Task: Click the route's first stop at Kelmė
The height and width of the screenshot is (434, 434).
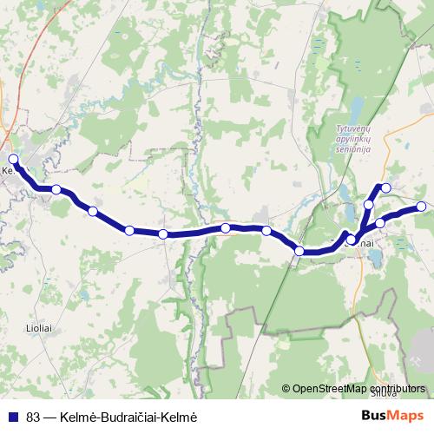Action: click(x=13, y=159)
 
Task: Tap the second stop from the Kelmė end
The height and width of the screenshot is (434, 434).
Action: click(x=56, y=189)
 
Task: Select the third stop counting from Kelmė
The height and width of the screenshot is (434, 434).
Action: click(x=92, y=211)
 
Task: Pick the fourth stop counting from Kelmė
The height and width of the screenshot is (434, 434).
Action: click(x=128, y=230)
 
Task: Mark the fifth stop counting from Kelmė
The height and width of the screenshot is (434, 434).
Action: click(x=162, y=233)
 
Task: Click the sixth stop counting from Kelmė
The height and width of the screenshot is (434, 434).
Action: click(x=225, y=228)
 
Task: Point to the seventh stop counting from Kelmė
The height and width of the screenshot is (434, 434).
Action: click(x=266, y=231)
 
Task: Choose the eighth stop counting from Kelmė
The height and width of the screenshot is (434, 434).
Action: click(x=299, y=251)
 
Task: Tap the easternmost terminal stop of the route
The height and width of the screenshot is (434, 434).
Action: click(x=421, y=207)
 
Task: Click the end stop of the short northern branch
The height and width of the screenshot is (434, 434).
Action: click(x=386, y=187)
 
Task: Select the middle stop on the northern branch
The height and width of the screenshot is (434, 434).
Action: click(x=369, y=205)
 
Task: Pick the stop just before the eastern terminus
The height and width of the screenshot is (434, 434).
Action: click(x=380, y=223)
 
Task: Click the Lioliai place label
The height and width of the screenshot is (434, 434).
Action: click(x=40, y=328)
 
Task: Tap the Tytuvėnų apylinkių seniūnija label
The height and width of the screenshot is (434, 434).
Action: click(x=353, y=139)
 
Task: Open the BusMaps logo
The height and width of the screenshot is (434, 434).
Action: click(x=392, y=415)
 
